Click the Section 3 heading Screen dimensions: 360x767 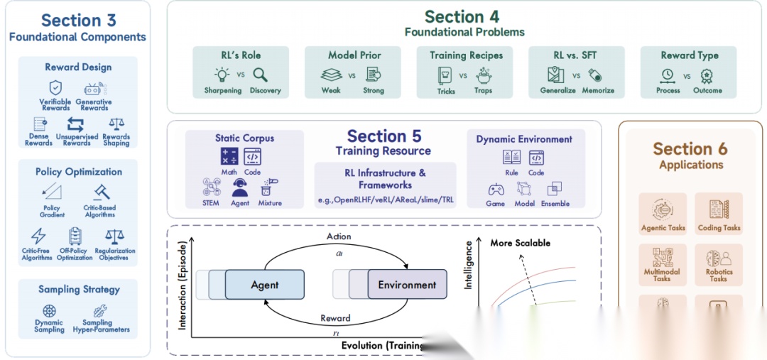(77, 20)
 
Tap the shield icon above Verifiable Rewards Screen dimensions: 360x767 (55, 89)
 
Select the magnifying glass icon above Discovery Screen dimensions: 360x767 (260, 75)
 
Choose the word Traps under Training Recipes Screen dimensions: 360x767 (484, 91)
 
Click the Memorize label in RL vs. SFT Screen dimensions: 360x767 (597, 91)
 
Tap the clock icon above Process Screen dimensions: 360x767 (667, 75)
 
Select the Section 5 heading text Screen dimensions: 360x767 (383, 136)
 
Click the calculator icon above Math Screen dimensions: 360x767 (229, 158)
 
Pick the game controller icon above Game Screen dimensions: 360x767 (495, 190)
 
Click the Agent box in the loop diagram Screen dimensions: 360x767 (265, 285)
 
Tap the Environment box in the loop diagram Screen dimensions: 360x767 (407, 285)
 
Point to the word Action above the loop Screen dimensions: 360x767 (339, 236)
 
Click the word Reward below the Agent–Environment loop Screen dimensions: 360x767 (335, 318)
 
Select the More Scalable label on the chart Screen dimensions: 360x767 (520, 243)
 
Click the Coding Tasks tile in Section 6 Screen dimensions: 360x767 (719, 215)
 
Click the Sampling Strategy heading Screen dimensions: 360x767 (79, 290)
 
